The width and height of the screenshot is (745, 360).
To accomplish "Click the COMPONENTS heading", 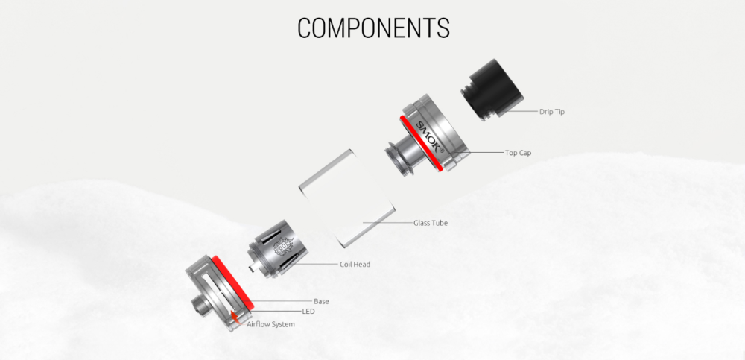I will click(373, 28).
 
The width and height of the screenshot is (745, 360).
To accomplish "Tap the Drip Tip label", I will click(551, 112).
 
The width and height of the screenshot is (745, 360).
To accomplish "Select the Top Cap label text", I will click(518, 153).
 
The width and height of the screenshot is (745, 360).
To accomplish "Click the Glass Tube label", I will click(430, 222).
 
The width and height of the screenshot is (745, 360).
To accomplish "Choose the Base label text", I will click(321, 301).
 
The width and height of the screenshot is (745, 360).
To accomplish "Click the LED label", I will click(308, 312).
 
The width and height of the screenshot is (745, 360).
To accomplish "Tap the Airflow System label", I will click(270, 324).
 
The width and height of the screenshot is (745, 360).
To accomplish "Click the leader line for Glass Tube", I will click(387, 222).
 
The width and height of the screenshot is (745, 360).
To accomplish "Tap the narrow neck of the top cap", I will click(399, 154).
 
